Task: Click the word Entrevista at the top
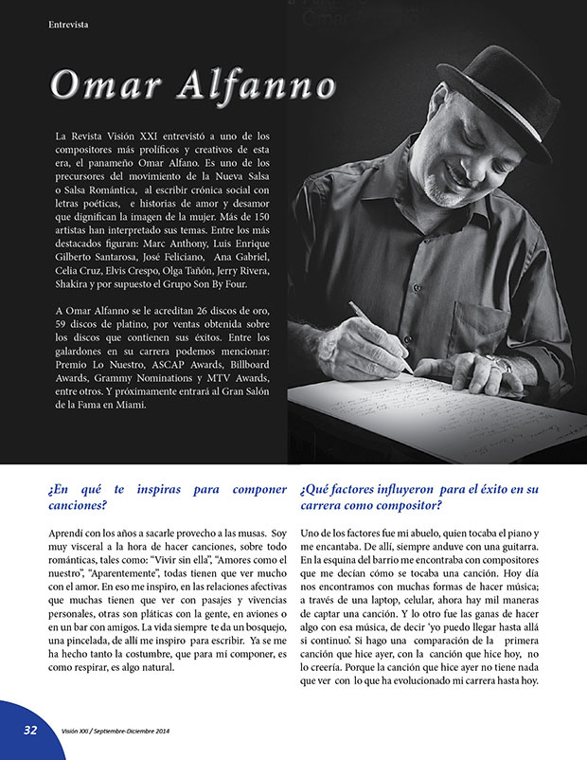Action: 68,25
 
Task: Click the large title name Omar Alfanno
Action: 193,84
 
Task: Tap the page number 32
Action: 30,730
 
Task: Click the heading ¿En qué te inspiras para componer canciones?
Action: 167,498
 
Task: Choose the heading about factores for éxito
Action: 418,498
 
